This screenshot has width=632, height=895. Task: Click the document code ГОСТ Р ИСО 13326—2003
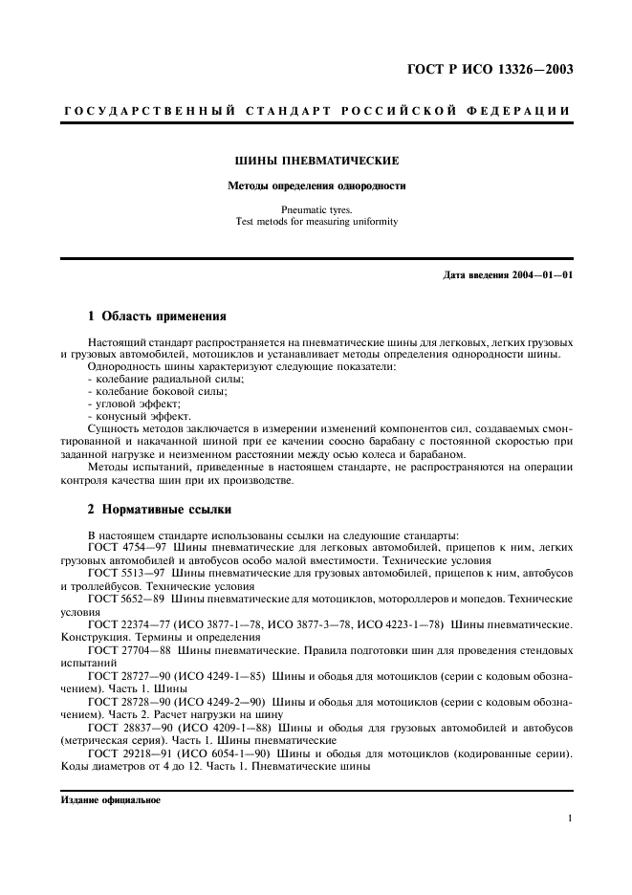[x=492, y=70]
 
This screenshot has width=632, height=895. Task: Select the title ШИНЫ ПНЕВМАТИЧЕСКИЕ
[x=316, y=162]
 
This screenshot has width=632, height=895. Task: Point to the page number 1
[x=569, y=819]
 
